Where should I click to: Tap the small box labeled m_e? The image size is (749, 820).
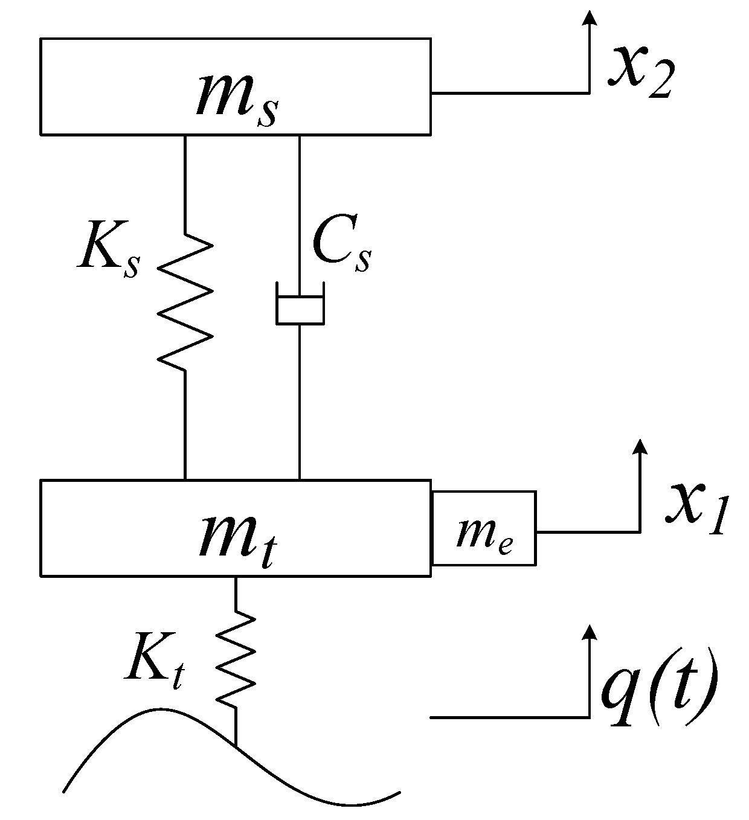tap(484, 528)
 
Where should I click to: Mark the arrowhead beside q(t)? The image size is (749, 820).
tap(590, 633)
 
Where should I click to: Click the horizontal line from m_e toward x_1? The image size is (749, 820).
tap(586, 532)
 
